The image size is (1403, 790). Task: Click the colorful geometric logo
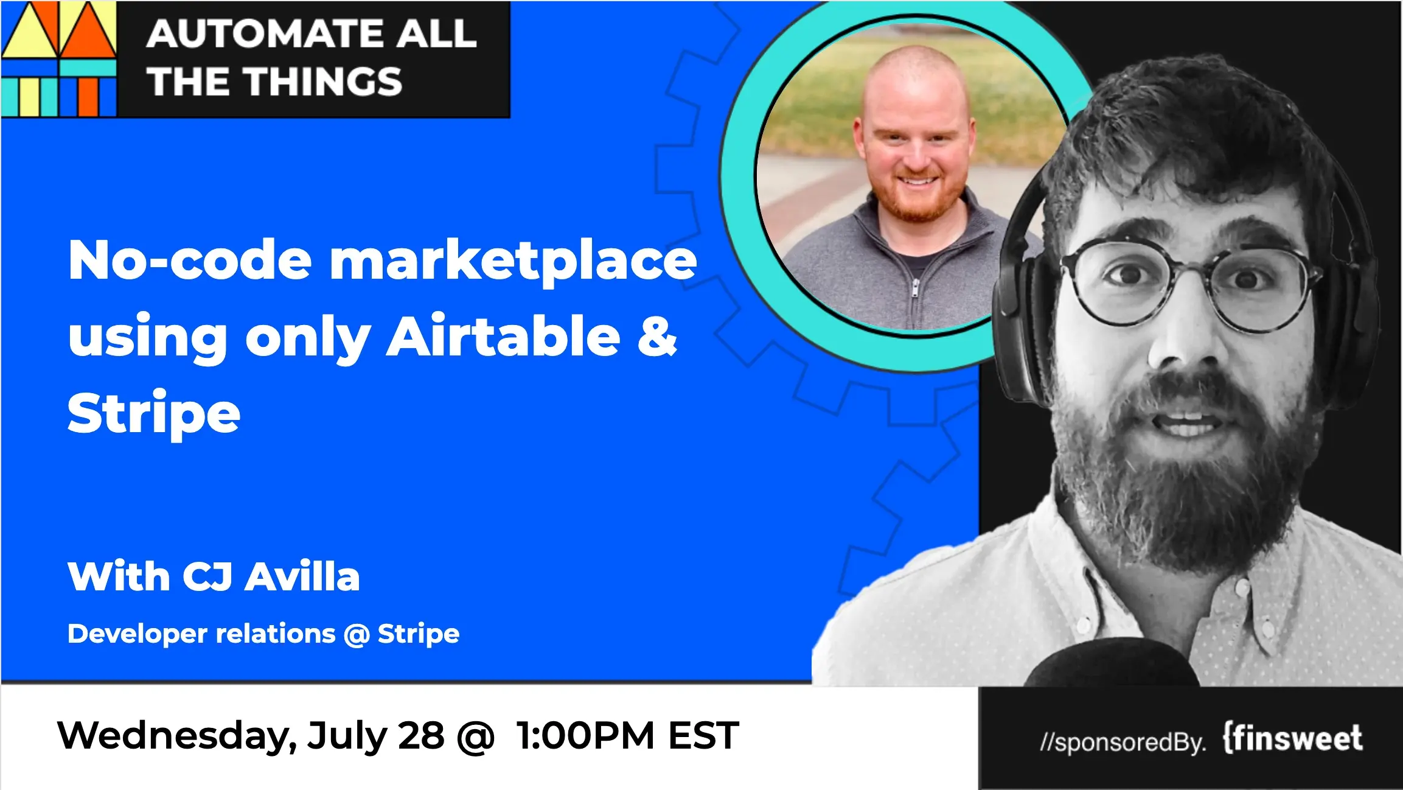(x=58, y=58)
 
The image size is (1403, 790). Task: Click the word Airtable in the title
(x=503, y=336)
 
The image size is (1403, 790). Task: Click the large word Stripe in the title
(x=154, y=414)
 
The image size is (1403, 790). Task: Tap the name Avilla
(x=302, y=576)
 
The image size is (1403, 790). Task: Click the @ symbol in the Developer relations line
(x=357, y=635)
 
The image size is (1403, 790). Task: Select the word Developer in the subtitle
(x=138, y=634)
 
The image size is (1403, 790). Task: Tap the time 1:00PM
(x=586, y=735)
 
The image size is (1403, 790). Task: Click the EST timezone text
(x=703, y=735)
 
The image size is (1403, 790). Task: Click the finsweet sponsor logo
(x=1293, y=738)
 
